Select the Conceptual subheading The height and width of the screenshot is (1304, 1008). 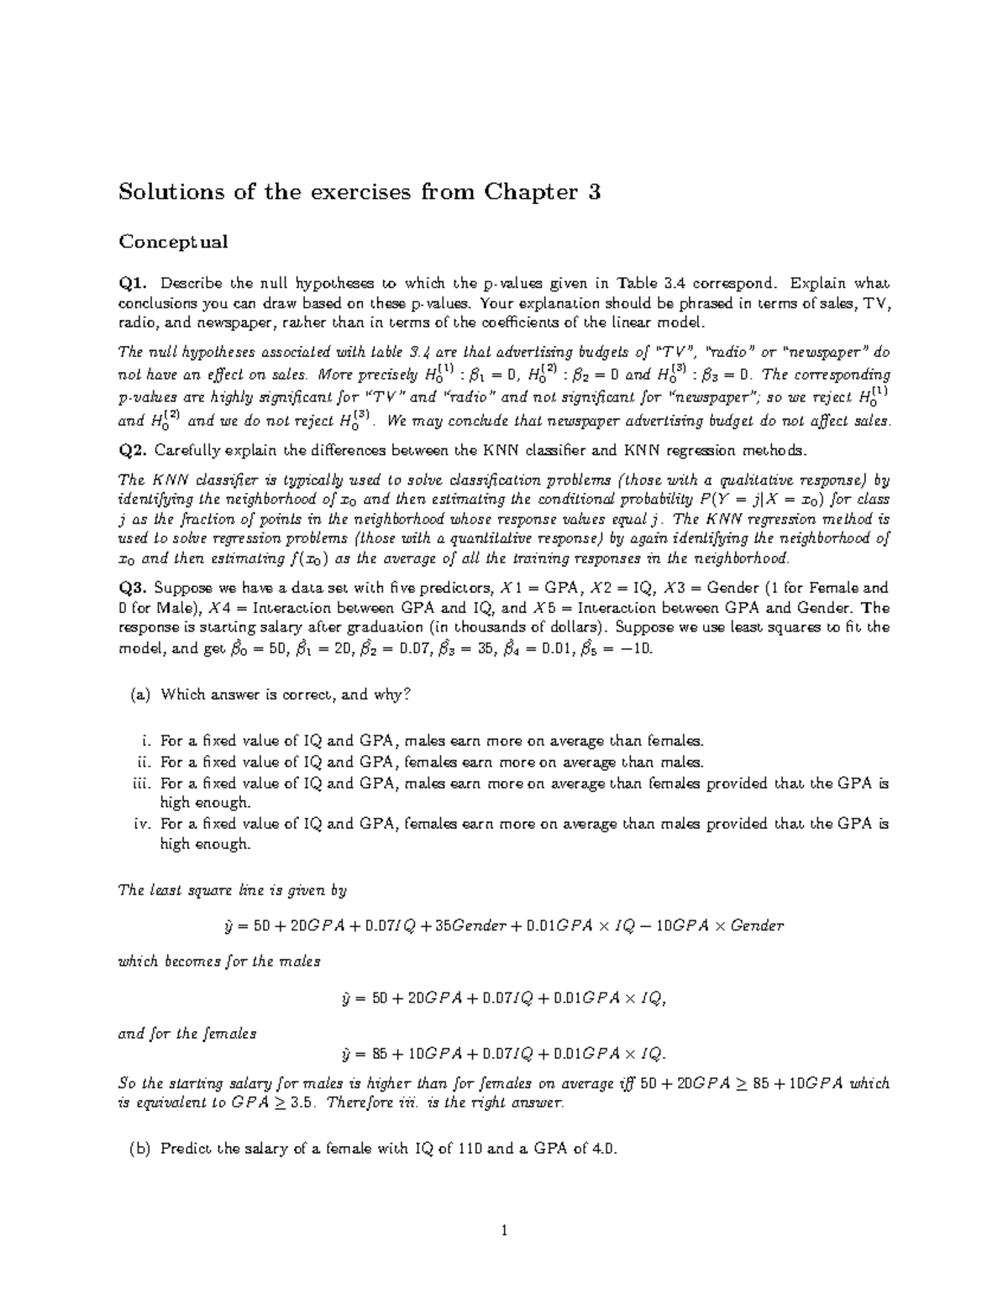[x=173, y=243]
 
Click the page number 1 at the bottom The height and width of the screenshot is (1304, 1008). [x=504, y=1232]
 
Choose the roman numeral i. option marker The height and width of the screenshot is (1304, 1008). [x=144, y=741]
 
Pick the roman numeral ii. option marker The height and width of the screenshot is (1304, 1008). [x=142, y=762]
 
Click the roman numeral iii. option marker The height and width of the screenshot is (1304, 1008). [x=140, y=783]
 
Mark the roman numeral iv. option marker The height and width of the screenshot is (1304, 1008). [x=141, y=824]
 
